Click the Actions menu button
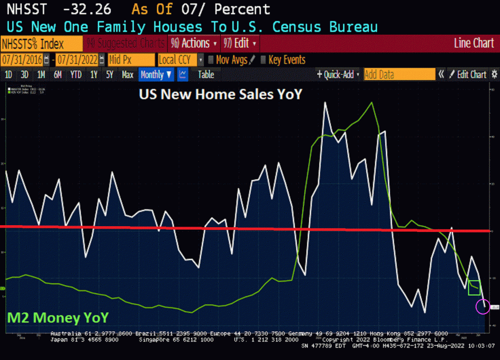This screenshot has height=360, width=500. click(x=193, y=43)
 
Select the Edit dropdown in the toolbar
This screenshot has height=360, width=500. click(x=240, y=43)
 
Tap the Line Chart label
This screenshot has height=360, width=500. click(x=474, y=43)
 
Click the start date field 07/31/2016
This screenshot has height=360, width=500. click(x=22, y=60)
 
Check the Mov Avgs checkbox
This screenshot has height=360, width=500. click(x=211, y=60)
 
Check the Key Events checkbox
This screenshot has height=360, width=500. click(x=263, y=60)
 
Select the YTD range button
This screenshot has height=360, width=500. click(x=76, y=75)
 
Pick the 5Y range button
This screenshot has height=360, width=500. click(x=110, y=75)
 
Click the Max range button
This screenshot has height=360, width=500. click(x=127, y=75)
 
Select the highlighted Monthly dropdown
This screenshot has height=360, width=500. click(x=156, y=75)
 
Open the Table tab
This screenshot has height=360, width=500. click(x=206, y=75)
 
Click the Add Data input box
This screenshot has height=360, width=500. click(x=399, y=75)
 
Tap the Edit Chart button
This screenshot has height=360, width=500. click(x=468, y=75)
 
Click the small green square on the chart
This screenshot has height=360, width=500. click(x=474, y=288)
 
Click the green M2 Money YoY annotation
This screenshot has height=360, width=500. click(x=57, y=318)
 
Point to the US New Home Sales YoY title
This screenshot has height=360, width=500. click(x=221, y=94)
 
